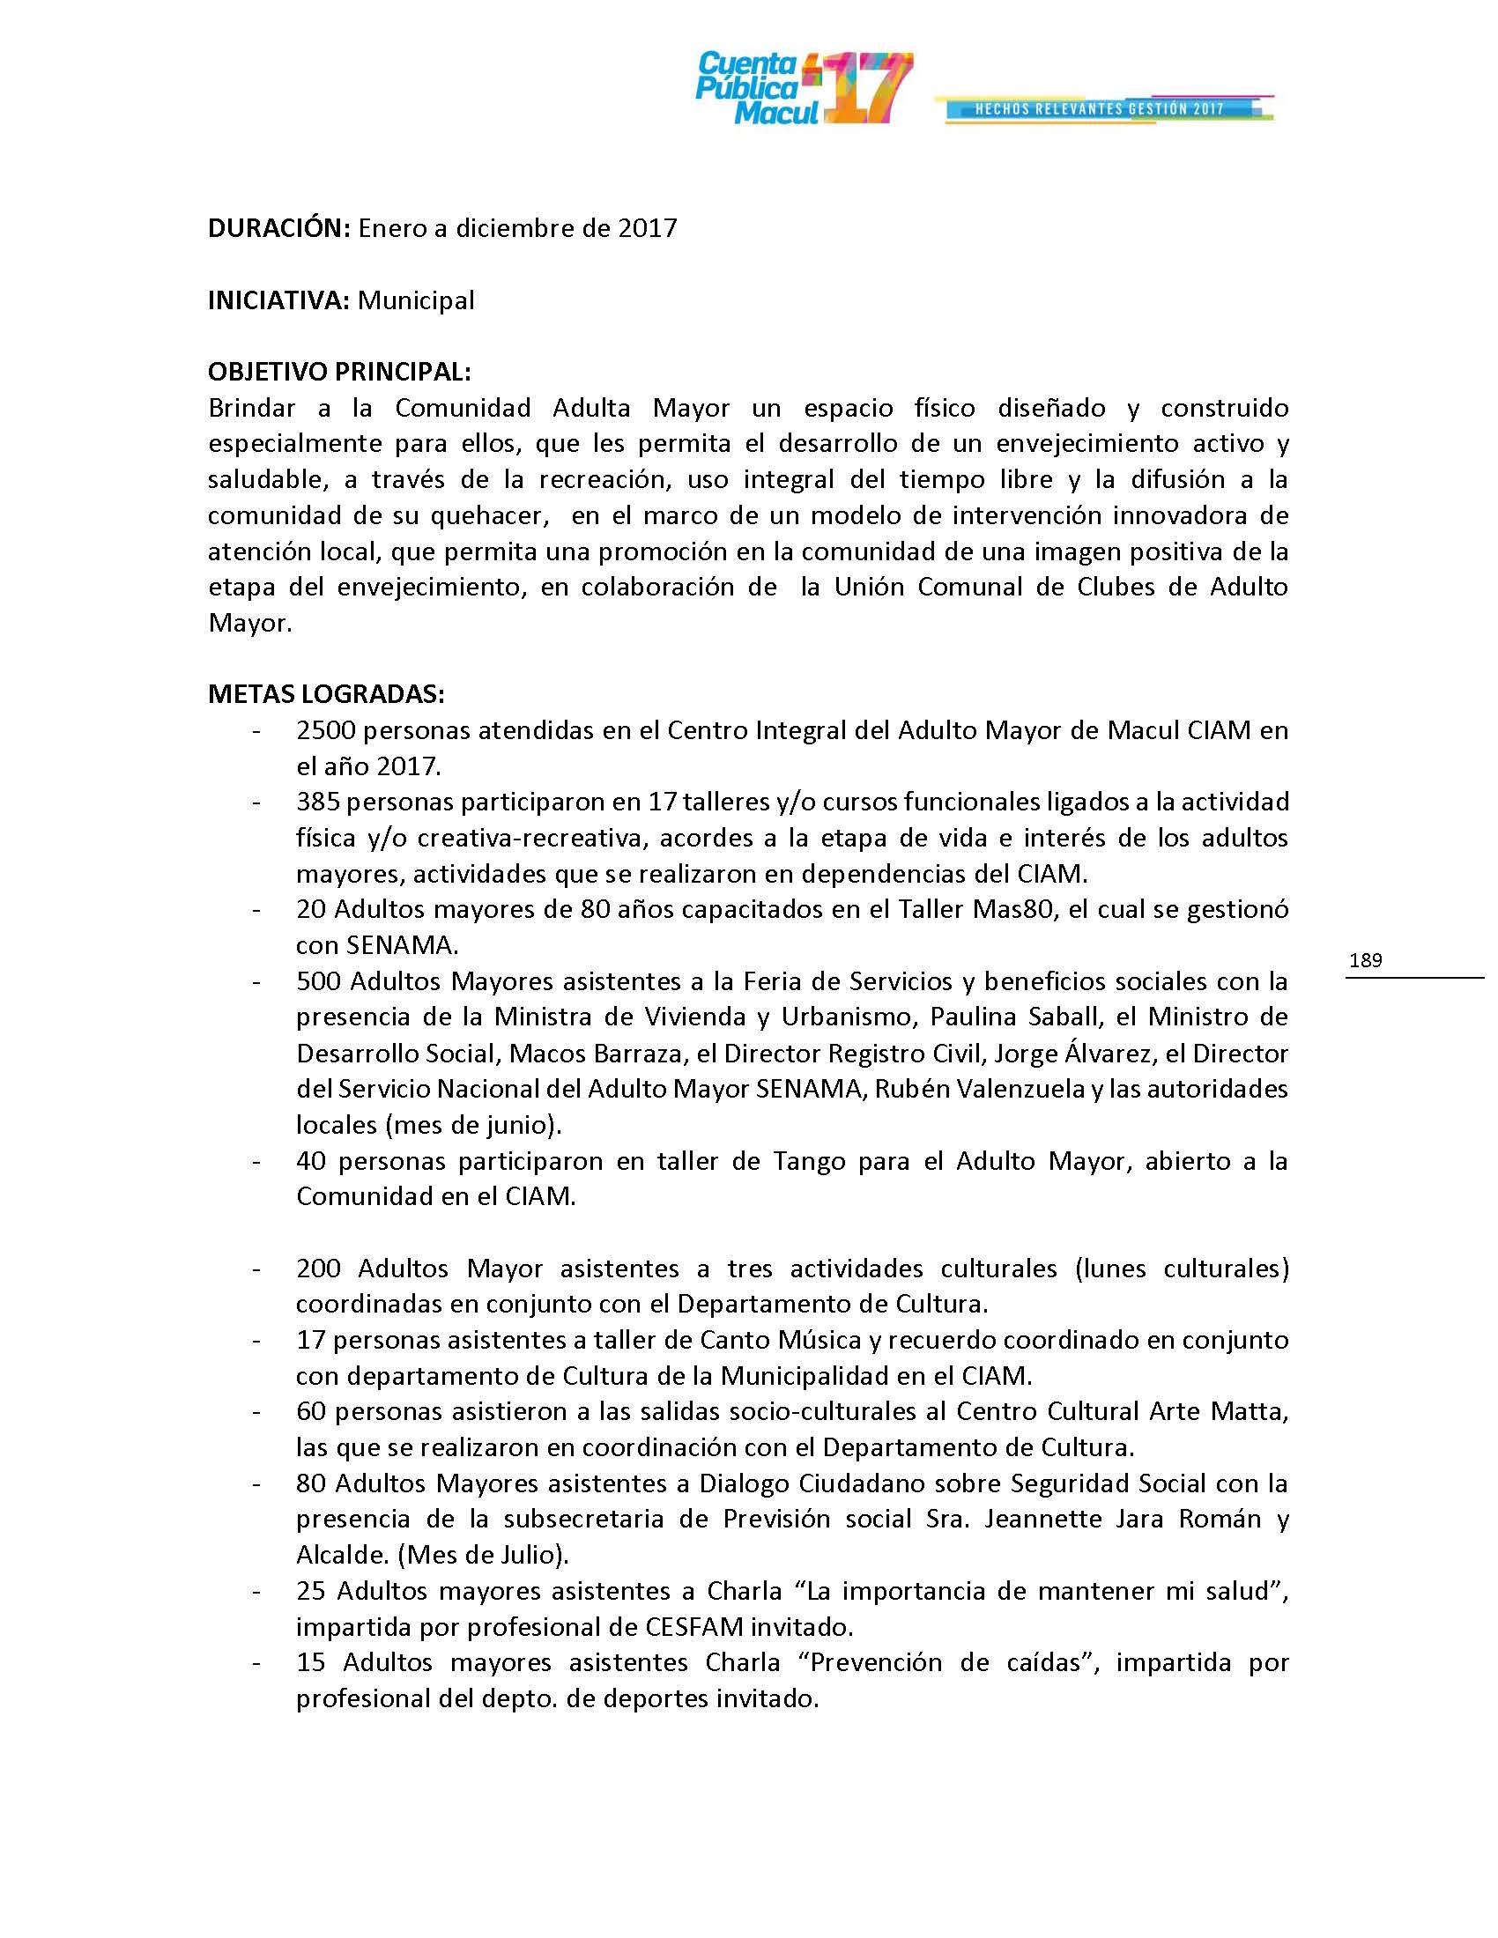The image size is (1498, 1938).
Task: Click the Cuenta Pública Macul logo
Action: tap(802, 88)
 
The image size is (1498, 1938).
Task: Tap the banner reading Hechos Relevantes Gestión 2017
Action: tap(1101, 109)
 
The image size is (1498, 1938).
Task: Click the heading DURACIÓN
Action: tap(278, 229)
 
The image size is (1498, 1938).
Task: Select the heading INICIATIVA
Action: tap(278, 300)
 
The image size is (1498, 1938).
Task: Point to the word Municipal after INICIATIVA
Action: tap(415, 300)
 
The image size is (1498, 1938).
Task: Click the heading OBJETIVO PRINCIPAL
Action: tap(339, 372)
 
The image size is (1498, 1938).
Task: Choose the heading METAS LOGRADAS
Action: tap(326, 694)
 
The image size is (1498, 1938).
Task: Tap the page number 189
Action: tap(1365, 960)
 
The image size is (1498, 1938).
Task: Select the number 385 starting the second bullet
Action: tap(318, 803)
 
